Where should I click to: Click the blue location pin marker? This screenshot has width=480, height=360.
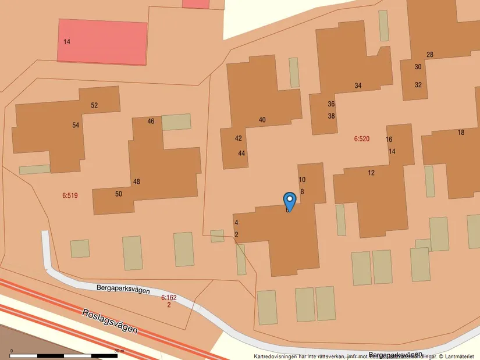point(289,201)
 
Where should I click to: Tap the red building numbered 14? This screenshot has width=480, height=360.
point(102,41)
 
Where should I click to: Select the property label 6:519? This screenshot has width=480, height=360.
point(70,195)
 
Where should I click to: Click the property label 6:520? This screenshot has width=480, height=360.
point(361,139)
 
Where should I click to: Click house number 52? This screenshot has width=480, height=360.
point(94,105)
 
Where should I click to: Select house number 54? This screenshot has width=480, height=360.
point(76,125)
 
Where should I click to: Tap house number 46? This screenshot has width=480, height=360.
point(151,121)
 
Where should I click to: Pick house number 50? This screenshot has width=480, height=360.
point(119,194)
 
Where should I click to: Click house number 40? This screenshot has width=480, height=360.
point(262,120)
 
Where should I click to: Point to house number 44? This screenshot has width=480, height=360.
point(241,153)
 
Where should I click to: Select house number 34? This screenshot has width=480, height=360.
point(358,85)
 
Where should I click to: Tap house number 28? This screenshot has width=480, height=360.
point(429,55)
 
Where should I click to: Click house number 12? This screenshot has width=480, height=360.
point(371,173)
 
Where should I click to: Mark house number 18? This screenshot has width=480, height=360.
point(461,133)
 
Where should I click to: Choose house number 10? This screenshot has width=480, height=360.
point(301,180)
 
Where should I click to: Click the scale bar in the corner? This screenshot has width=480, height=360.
point(65,354)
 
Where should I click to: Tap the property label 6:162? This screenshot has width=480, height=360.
point(169,297)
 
